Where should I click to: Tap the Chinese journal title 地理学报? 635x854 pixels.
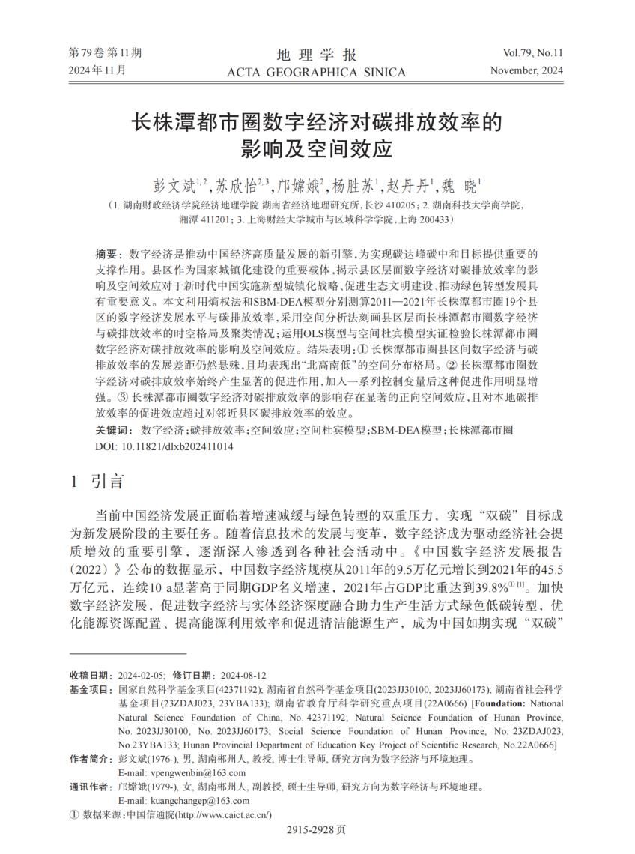coord(317,55)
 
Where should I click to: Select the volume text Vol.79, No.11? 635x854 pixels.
coord(533,53)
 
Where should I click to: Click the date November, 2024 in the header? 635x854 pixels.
coord(526,70)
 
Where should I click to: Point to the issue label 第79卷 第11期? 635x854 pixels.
coord(105,53)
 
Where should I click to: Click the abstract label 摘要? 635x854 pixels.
coord(109,255)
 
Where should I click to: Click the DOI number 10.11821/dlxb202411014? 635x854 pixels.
coord(176,446)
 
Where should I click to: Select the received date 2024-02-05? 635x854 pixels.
coord(142,674)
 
